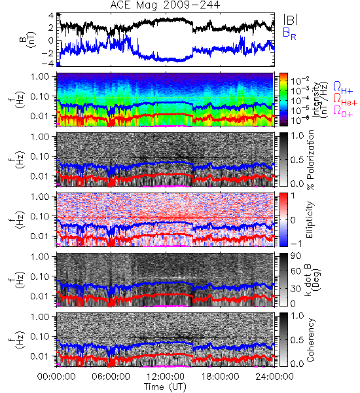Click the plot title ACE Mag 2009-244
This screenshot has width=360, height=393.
coord(165,5)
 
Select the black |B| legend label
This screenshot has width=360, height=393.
coord(291,20)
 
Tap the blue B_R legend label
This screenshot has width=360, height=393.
coord(289,33)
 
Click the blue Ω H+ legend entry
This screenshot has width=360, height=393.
coord(343,88)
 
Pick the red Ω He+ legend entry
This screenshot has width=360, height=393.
coord(345,100)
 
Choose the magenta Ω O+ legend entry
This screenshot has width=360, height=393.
coord(343,112)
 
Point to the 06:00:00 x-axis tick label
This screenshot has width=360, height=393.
coord(111,377)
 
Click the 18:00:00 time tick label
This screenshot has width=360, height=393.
coord(220,377)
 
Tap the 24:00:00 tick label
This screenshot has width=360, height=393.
coord(274,377)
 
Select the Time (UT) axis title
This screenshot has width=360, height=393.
coord(165,387)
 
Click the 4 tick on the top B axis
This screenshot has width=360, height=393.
coord(51,16)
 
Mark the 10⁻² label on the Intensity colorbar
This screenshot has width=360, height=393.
coord(297,81)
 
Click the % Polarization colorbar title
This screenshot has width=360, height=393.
coord(310,160)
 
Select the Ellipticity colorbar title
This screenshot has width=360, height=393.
coord(310,220)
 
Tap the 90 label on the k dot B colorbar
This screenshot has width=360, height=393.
coord(296,256)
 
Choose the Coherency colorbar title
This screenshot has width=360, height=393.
coord(310,340)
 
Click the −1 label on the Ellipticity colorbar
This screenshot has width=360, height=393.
coord(296,244)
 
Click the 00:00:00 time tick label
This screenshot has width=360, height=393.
coord(56,377)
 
